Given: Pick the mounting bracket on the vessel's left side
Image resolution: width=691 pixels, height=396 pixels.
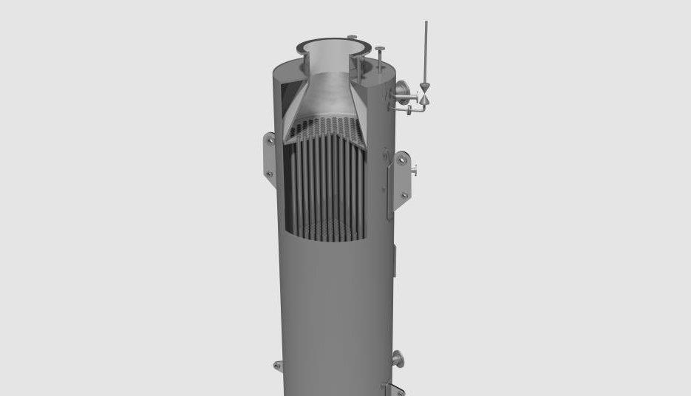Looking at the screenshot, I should pos(269,156).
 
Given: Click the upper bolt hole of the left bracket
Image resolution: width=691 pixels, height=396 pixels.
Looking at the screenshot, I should pos(270,138).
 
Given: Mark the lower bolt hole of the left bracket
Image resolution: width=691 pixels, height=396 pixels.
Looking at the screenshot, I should pos(270,174).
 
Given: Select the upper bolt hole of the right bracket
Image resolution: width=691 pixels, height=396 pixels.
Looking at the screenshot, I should pos(402,158).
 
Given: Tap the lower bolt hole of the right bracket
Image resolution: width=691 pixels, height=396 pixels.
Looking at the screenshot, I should pos(404,195).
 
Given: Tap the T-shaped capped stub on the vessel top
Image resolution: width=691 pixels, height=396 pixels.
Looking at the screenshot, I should pos(379,58).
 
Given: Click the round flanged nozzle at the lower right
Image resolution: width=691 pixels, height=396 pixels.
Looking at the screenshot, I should pos(398,360).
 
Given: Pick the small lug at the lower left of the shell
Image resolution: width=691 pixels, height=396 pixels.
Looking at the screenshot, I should pos(278,365).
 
